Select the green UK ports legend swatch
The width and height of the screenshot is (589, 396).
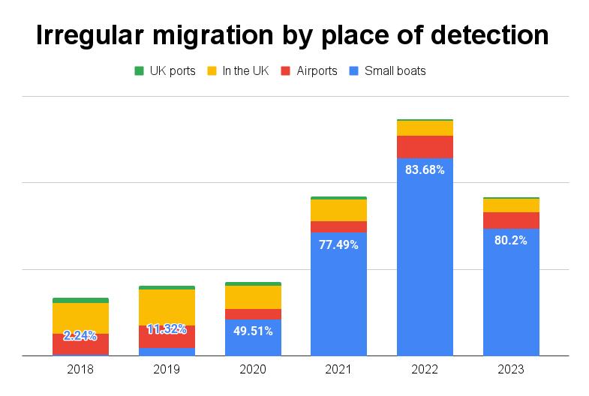point(139,71)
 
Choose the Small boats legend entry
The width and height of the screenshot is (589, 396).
point(395,71)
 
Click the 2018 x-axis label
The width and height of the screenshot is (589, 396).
point(80,370)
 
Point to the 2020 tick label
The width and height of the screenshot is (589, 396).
point(253,370)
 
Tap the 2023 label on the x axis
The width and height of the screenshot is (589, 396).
point(511,370)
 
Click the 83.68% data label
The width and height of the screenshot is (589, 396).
point(425,169)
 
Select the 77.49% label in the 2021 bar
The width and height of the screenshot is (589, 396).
point(338,244)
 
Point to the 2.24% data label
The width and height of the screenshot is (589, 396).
point(80,335)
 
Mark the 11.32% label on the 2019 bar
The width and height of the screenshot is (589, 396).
point(167,328)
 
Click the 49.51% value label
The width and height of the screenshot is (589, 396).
point(253,331)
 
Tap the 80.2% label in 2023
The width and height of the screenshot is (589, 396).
point(511,241)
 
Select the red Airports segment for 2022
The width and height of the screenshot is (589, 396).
point(425,146)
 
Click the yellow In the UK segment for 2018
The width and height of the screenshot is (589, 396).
point(80,317)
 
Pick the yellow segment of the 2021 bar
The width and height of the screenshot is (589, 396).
point(338,210)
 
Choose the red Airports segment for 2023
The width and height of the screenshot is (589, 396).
point(511,220)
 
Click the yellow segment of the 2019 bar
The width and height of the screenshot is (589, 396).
point(167,307)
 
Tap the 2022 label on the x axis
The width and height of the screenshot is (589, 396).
point(425,370)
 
